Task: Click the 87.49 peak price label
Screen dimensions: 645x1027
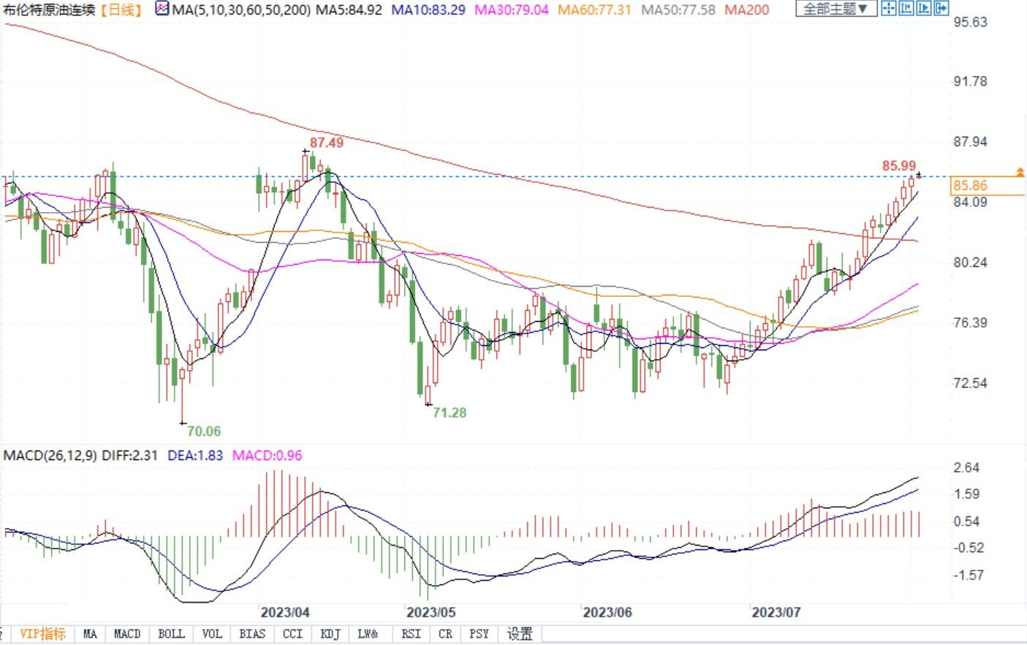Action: (326, 143)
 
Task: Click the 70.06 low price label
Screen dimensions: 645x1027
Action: (203, 431)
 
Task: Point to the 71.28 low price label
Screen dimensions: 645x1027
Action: (449, 412)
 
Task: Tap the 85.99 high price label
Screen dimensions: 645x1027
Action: (898, 166)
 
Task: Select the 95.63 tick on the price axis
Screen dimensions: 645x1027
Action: (970, 22)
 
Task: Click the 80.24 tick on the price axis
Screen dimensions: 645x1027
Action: (970, 263)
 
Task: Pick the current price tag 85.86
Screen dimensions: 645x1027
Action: (970, 186)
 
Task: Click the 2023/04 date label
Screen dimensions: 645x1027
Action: (285, 612)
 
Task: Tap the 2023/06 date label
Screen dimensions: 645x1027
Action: (607, 612)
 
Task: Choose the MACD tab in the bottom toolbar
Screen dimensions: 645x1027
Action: (127, 634)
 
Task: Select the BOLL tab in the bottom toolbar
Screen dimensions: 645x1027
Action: (171, 634)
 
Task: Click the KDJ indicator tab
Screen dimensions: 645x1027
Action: (330, 634)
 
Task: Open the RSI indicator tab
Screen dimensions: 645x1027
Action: (411, 634)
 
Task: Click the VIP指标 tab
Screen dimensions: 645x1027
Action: (42, 634)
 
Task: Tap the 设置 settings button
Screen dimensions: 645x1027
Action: (520, 634)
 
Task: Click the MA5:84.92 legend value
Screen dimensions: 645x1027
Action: (349, 10)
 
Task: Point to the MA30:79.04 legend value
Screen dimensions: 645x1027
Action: (512, 10)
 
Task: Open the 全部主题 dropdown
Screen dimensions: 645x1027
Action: (835, 9)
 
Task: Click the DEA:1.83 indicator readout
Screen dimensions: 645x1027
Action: (195, 455)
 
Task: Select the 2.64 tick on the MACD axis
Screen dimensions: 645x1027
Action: (966, 468)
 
